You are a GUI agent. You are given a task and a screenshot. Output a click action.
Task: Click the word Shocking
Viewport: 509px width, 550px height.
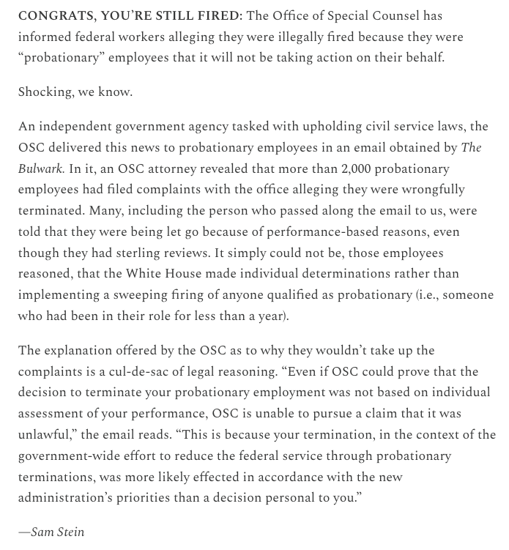[45, 92]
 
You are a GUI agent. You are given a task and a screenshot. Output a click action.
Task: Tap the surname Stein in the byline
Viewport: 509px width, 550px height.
[70, 532]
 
